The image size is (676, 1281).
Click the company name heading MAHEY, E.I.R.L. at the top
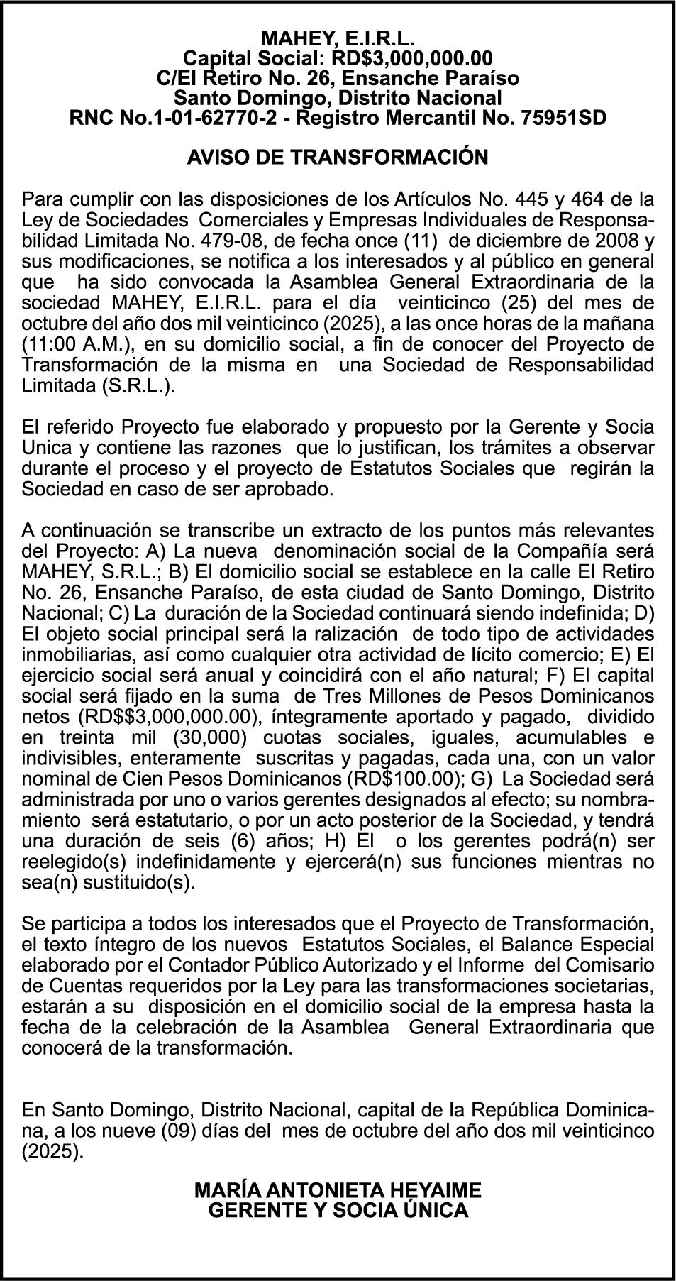(338, 38)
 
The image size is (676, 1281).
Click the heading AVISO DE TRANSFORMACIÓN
(338, 157)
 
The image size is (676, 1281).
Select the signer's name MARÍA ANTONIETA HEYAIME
(338, 1189)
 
